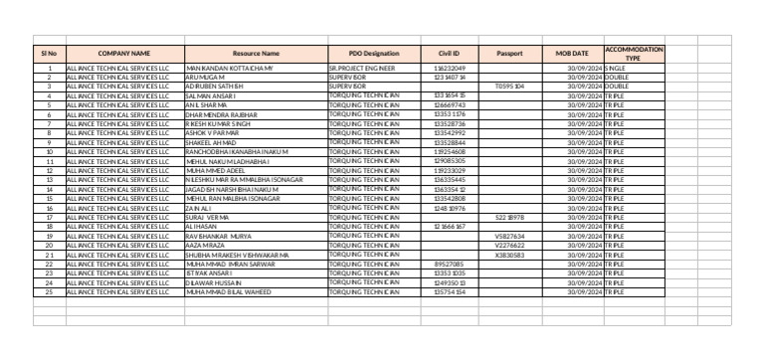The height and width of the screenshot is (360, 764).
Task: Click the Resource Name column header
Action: (256, 53)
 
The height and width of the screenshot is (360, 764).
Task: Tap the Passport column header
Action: (509, 53)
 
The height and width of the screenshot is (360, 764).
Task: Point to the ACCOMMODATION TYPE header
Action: (634, 53)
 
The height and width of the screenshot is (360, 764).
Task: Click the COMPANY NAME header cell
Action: (124, 53)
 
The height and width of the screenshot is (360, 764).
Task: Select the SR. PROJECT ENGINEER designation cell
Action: (362, 68)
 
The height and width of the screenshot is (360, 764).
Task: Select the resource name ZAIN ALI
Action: (200, 208)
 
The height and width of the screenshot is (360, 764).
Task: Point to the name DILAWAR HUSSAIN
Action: (212, 282)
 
